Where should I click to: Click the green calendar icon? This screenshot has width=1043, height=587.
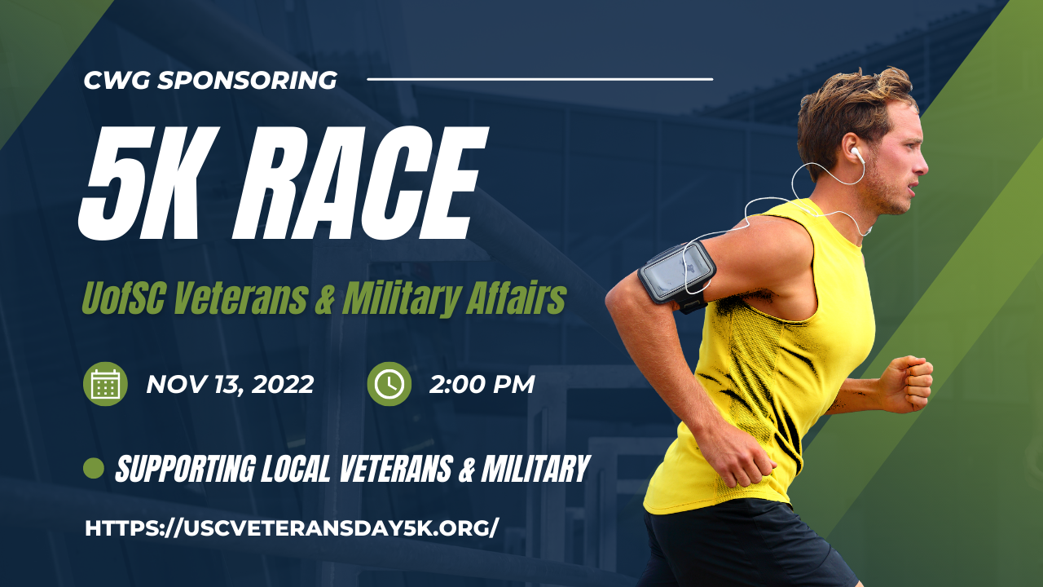pos(105,384)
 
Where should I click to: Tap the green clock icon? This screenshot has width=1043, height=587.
pos(389,384)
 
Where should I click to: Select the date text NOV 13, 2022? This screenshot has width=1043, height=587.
pos(230,385)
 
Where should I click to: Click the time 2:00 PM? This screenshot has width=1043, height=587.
pos(482,385)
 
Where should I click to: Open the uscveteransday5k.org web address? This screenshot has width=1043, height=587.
pos(292,528)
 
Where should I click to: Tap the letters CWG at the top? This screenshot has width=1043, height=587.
pos(117,80)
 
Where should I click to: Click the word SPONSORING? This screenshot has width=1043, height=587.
pos(247,80)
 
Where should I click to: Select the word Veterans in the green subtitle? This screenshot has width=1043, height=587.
pos(240,298)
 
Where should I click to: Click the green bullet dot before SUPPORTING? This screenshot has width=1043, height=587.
pos(93,468)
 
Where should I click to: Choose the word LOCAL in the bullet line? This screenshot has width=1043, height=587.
pos(295,469)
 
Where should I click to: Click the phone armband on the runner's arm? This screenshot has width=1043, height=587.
pos(677,275)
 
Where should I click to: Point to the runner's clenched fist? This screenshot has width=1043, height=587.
pos(911,383)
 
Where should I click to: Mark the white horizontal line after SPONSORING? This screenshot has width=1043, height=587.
pos(540,79)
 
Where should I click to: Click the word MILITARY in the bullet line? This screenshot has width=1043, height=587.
pos(536,469)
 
